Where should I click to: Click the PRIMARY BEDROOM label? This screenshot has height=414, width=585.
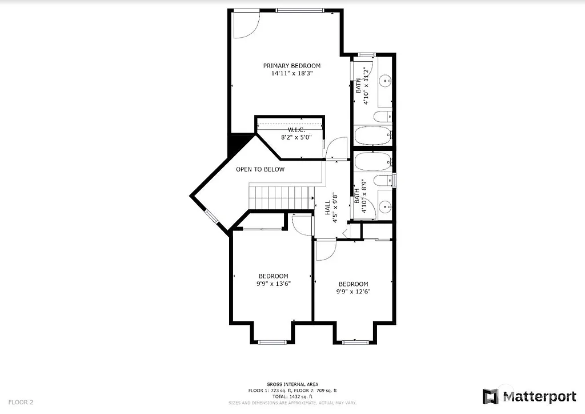(x=291, y=66)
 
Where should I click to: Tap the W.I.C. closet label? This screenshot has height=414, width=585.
(x=289, y=130)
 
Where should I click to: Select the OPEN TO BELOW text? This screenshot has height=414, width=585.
(x=260, y=169)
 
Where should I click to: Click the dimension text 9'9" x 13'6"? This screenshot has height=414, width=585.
(x=273, y=283)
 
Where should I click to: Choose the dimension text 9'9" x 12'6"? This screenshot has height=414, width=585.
(x=353, y=292)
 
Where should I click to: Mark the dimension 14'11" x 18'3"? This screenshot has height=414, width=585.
(x=291, y=73)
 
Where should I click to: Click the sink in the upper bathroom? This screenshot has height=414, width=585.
(x=386, y=81)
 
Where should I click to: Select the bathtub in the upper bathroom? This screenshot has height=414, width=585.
(x=372, y=136)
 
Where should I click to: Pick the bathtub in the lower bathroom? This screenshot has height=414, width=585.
(x=372, y=161)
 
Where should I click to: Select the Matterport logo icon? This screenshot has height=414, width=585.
(x=490, y=396)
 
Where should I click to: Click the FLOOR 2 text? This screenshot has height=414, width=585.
(x=21, y=402)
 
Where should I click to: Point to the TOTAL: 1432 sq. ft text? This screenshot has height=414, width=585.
(x=292, y=396)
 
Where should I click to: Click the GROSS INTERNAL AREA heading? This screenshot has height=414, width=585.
(x=292, y=384)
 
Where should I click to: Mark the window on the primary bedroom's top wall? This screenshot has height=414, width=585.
(x=300, y=10)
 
